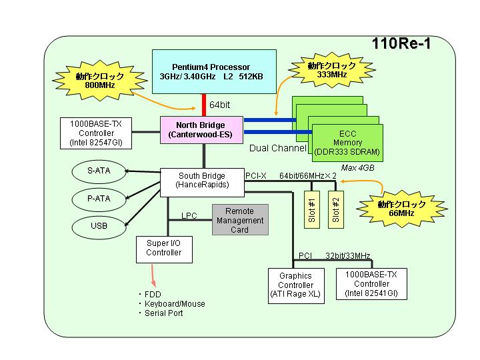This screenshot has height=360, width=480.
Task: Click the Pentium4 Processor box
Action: (214, 71)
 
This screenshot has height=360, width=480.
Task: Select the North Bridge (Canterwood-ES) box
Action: (202, 130)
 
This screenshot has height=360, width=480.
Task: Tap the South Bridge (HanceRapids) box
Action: (203, 183)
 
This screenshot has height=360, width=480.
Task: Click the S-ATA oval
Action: (99, 171)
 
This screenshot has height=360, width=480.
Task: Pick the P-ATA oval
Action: (99, 199)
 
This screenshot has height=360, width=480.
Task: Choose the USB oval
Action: (99, 227)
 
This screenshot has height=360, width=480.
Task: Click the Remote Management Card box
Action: (240, 220)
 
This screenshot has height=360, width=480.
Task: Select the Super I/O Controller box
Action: (164, 249)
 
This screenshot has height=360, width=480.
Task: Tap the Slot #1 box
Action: (312, 210)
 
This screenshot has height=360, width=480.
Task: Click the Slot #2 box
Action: (336, 210)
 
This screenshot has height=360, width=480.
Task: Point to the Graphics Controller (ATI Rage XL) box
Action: (296, 286)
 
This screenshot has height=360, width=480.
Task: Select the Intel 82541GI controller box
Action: (371, 284)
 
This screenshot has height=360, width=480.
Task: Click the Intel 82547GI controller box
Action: (96, 133)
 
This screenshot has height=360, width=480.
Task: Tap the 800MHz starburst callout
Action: (100, 80)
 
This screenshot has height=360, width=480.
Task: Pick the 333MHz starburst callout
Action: (332, 70)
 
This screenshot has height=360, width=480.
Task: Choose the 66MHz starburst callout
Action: (401, 209)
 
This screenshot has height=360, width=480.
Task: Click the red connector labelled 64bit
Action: (204, 105)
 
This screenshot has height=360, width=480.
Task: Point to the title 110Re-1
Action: (401, 43)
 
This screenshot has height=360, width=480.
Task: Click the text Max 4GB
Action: (357, 168)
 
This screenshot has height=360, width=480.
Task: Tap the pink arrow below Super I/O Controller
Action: (153, 276)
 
